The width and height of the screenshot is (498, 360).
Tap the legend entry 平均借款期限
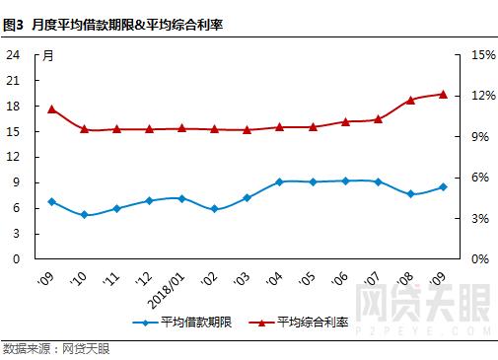pyautogui.click(x=187, y=323)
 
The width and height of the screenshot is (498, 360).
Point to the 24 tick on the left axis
pyautogui.click(x=14, y=55)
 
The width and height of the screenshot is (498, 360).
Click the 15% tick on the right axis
pyautogui.click(x=482, y=55)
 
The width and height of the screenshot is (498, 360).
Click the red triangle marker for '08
pyautogui.click(x=410, y=100)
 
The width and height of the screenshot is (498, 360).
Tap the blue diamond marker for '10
pyautogui.click(x=84, y=215)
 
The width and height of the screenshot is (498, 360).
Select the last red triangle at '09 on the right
pyautogui.click(x=443, y=94)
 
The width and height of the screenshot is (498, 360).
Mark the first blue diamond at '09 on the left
pyautogui.click(x=51, y=201)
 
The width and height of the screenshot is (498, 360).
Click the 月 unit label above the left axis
pyautogui.click(x=47, y=55)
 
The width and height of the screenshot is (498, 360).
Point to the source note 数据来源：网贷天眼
pyautogui.click(x=56, y=348)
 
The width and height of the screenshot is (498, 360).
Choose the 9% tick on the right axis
pyautogui.click(x=479, y=137)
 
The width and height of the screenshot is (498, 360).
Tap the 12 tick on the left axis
pyautogui.click(x=14, y=157)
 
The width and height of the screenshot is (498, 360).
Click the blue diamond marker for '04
pyautogui.click(x=279, y=181)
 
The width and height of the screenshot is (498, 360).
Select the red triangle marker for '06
pyautogui.click(x=345, y=121)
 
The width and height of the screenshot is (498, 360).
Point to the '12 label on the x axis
pyautogui.click(x=145, y=277)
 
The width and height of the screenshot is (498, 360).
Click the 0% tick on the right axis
pyautogui.click(x=479, y=258)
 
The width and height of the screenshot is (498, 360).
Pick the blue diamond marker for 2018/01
pyautogui.click(x=181, y=198)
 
